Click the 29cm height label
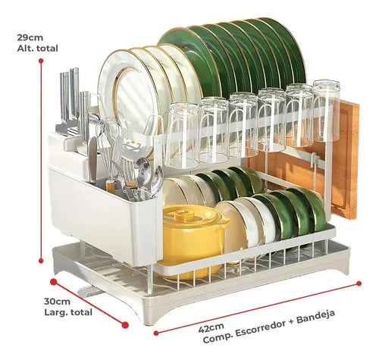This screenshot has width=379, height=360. click(30, 38)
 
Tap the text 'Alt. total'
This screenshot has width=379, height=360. click(37, 49)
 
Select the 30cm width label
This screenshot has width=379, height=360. click(58, 302)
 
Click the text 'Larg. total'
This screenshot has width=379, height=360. click(68, 312)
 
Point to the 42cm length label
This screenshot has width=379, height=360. click(211, 328)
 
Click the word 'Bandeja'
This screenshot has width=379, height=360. click(316, 317)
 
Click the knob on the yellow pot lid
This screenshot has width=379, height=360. click(184, 215)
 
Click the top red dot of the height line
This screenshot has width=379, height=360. click(41, 61)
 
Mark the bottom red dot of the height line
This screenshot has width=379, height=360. click(41, 261)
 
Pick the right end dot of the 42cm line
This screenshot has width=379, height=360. click(359, 283)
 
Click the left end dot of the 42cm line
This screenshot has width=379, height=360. click(156, 333)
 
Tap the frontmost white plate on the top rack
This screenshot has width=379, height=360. click(127, 99)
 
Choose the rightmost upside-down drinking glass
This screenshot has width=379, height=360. click(327, 111)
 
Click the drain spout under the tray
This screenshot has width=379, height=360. click(90, 291)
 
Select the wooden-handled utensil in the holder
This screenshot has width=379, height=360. click(111, 186)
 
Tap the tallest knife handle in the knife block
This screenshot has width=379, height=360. click(74, 93)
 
